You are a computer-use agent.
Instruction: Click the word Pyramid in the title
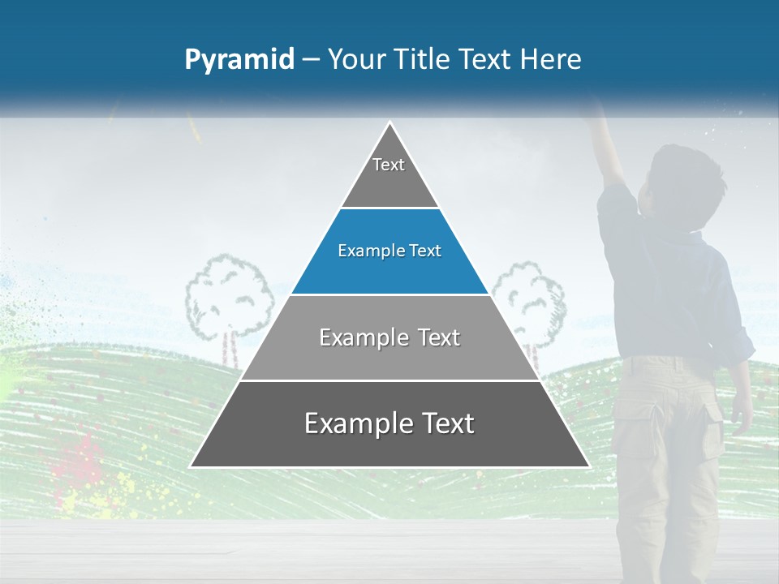pos(239,59)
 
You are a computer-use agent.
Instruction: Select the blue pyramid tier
pos(389,251)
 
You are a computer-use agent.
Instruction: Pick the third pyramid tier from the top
pos(389,337)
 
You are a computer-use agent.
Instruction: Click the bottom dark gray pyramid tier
pos(389,424)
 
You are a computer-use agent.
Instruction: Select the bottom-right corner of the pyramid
pos(588,466)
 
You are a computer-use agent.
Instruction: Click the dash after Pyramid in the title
pos(311,59)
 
